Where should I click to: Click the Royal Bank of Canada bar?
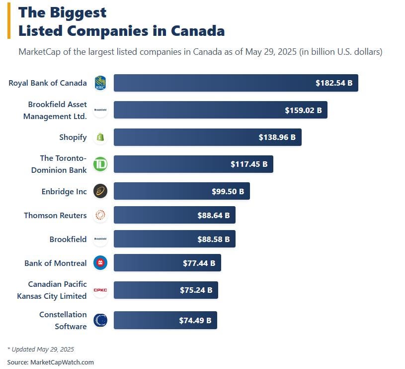tap(236, 83)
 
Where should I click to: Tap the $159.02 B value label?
tap(303, 110)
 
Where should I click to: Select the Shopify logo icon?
tap(100, 137)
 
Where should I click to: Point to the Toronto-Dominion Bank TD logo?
tap(100, 164)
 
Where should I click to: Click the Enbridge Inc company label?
tap(64, 191)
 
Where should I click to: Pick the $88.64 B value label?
tap(214, 216)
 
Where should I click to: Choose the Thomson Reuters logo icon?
tap(100, 215)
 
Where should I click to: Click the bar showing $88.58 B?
tap(174, 239)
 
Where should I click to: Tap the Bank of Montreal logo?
tap(100, 263)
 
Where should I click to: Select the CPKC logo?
tap(100, 290)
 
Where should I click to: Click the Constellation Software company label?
tap(63, 321)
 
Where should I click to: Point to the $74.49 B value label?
tap(195, 321)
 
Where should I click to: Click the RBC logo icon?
tap(100, 83)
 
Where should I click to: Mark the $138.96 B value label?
tap(277, 137)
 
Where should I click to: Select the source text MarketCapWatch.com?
tap(62, 362)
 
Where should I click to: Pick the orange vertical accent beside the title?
tap(9, 21)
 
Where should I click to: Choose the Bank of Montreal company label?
tap(56, 263)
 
